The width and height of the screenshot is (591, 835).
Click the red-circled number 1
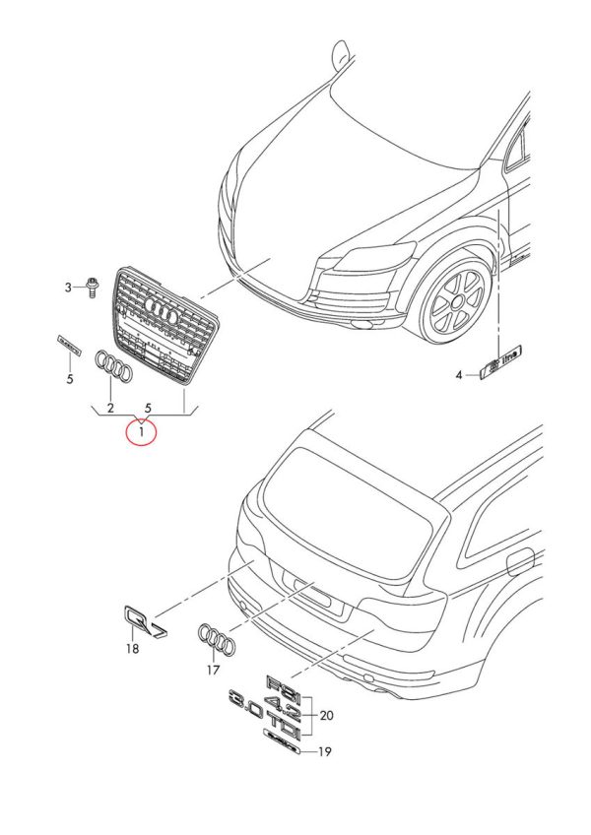[x=142, y=431]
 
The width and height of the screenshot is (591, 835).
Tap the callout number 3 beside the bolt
[x=69, y=288]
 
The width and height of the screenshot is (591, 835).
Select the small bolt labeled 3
[x=91, y=287]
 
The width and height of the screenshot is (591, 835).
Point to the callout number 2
[x=110, y=407]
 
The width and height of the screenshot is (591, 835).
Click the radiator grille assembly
[x=164, y=322]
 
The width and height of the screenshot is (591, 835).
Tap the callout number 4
[x=458, y=375]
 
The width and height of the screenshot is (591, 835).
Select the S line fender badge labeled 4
[x=502, y=362]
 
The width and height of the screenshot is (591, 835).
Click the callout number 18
[x=132, y=649]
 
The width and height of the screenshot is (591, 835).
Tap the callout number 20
[x=328, y=715]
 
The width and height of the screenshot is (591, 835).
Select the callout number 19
[x=326, y=752]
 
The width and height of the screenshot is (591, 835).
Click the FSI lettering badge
[x=281, y=684]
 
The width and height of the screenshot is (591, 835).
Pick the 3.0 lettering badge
[x=245, y=702]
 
